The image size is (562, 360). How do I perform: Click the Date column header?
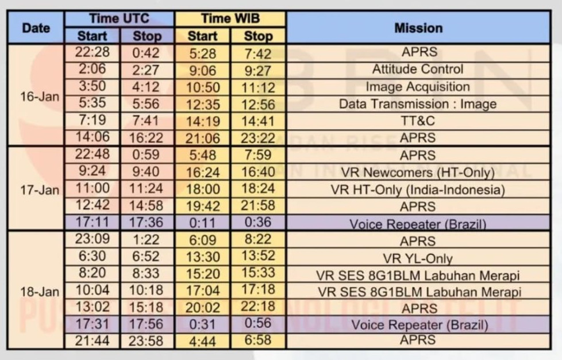35,27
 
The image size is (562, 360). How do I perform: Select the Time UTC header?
120,18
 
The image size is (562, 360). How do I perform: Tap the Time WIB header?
230,18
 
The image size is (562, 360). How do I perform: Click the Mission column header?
418,27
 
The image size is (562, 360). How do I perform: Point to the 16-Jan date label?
40,97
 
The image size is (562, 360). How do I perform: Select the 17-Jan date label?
40,190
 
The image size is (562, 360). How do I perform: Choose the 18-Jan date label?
40,292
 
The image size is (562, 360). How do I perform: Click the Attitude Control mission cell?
418,69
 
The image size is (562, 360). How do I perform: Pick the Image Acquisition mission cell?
418,87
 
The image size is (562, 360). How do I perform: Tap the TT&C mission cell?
418,121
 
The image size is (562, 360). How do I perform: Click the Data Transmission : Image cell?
418,104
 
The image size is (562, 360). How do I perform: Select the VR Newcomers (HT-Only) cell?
418,173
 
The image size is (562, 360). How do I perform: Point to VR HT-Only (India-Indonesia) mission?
418,190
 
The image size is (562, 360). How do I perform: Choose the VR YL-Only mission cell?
418,258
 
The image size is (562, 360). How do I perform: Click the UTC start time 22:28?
93,52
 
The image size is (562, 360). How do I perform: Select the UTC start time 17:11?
93,223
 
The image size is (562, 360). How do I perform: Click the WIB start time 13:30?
203,257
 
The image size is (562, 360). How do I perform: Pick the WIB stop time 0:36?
258,223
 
